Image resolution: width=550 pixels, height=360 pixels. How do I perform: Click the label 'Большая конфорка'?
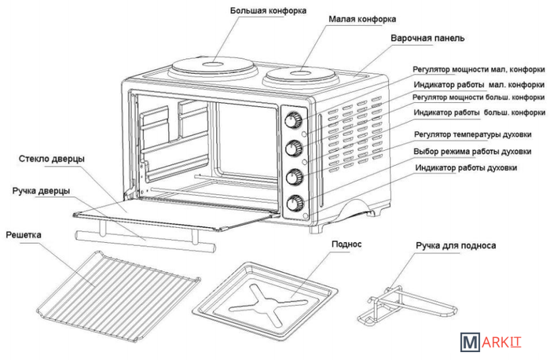[269, 12]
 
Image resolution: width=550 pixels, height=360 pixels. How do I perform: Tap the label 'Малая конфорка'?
[362, 18]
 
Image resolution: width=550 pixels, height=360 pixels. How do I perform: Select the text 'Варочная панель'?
[428, 38]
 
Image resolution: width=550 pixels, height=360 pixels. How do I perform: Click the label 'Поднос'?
[346, 244]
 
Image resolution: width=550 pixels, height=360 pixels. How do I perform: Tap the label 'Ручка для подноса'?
[456, 245]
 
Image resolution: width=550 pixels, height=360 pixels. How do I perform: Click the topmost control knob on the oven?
[294, 121]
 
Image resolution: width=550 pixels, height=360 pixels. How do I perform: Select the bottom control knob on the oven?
[296, 201]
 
